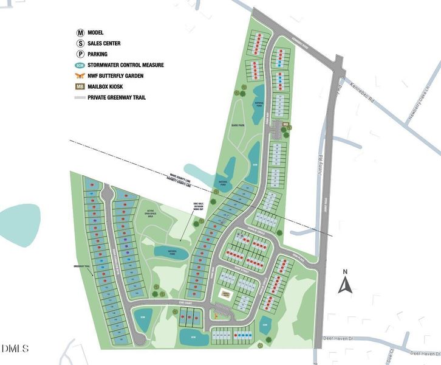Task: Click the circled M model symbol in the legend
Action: point(80,33)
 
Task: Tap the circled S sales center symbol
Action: point(80,43)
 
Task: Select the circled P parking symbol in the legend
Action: point(80,54)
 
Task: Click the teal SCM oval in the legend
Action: point(80,65)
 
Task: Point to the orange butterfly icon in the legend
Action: point(80,76)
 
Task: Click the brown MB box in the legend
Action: point(80,87)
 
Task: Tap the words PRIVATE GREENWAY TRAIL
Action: point(117,97)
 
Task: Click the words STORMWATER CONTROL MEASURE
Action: point(126,65)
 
